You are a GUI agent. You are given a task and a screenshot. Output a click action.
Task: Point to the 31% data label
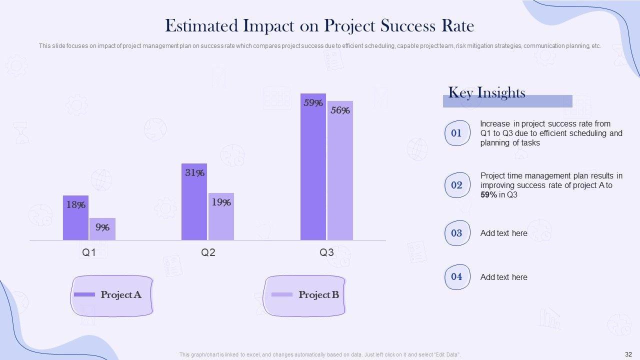(194, 173)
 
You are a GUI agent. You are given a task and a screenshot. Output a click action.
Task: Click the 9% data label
(102, 227)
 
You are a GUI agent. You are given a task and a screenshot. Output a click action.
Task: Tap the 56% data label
(340, 110)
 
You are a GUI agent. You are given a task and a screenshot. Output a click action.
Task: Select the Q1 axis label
(89, 252)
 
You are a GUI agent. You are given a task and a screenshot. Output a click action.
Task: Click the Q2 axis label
(208, 252)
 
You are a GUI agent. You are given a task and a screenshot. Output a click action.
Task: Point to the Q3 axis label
(326, 252)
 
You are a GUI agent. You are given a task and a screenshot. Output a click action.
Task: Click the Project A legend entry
(112, 295)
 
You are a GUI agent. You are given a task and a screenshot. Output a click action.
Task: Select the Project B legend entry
(305, 295)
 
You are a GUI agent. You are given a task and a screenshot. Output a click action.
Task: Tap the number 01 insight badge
(457, 133)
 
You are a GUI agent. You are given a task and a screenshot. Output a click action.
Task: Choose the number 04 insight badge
(457, 276)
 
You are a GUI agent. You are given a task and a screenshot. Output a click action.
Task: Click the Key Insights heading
(486, 92)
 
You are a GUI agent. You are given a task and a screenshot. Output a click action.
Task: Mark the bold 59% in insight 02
(488, 195)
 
